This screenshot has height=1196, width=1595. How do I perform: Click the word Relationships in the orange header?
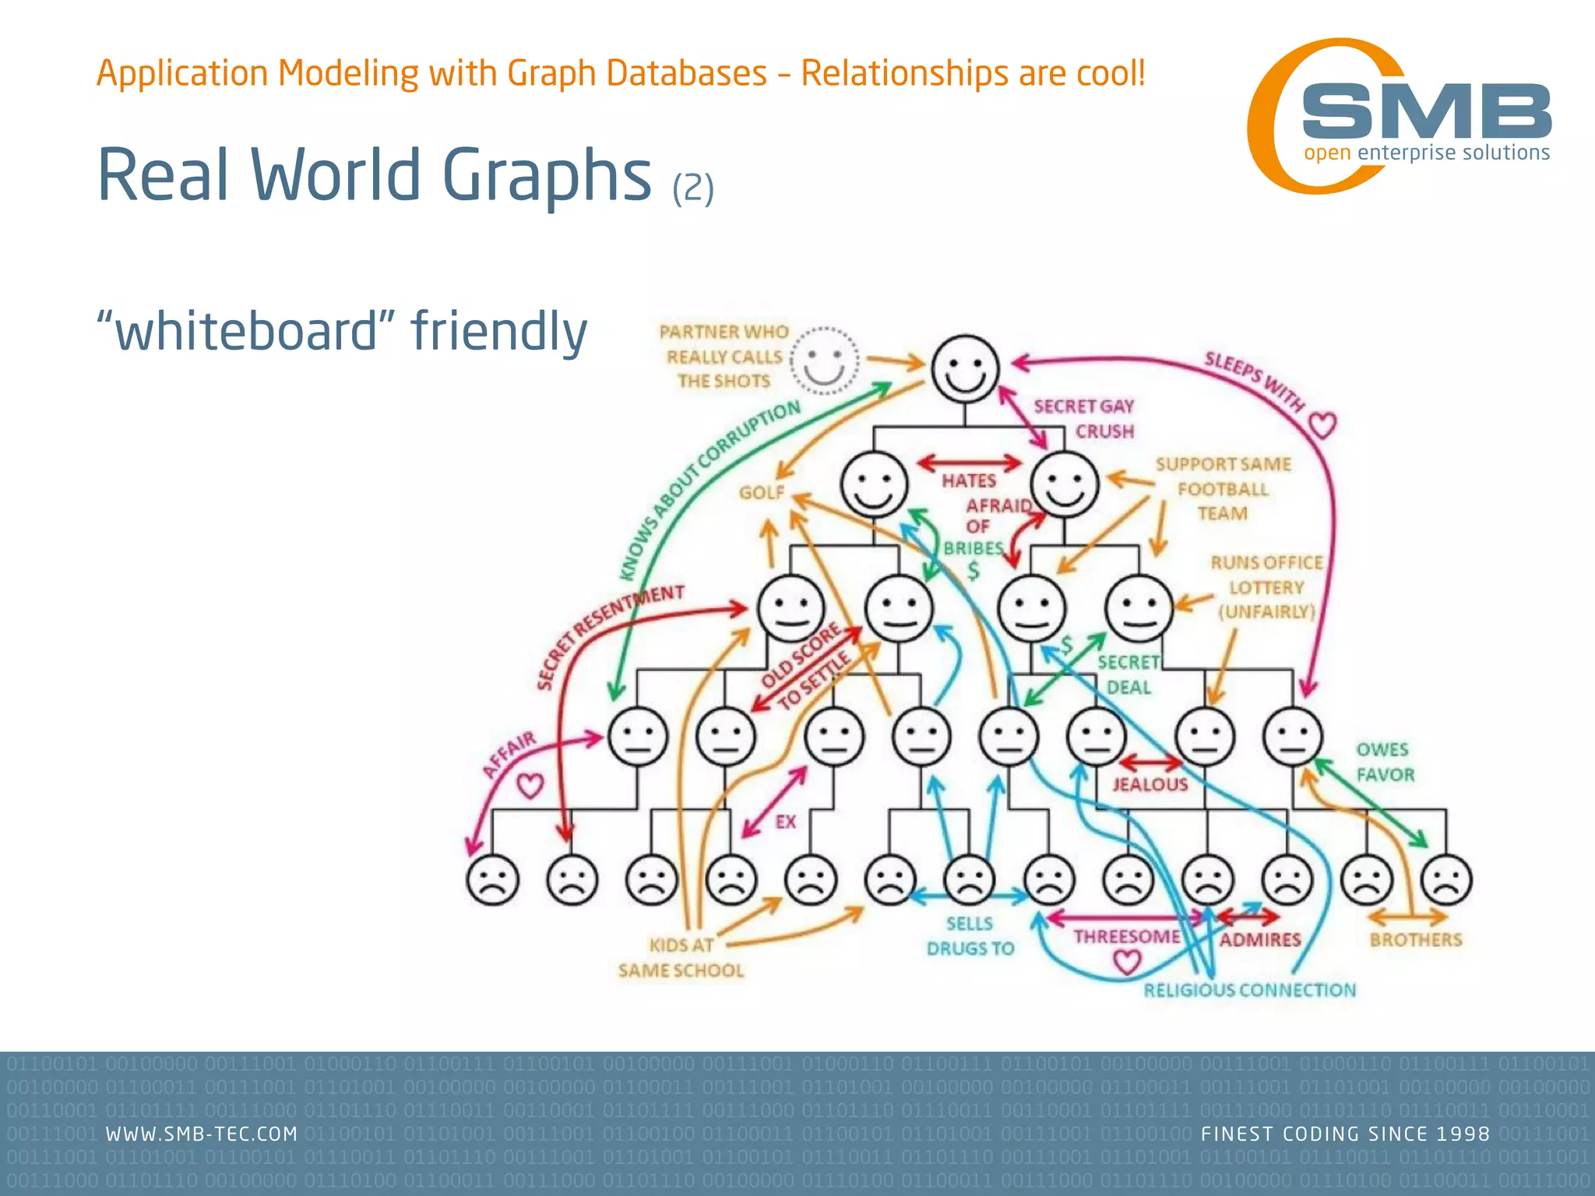point(904,74)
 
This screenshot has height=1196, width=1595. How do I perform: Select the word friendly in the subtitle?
point(499,332)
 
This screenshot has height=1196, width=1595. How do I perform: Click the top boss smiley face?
point(966,369)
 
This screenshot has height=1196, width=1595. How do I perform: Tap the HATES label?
point(969,481)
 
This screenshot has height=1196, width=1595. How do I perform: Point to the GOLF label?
point(761,493)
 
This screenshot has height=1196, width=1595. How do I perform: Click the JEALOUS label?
point(1150,784)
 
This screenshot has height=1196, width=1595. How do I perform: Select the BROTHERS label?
point(1415,940)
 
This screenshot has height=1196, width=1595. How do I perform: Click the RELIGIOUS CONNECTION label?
point(1249,990)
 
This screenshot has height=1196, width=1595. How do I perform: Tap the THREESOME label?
point(1126,937)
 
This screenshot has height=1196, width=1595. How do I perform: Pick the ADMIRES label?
point(1260,940)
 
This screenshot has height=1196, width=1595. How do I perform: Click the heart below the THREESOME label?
point(1126,963)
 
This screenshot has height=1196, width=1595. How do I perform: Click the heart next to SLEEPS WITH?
point(1322,425)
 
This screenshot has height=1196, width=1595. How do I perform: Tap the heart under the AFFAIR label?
point(530,786)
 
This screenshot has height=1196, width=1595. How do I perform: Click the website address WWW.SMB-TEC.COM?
point(202,1134)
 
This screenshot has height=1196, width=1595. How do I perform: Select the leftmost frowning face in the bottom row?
point(492,880)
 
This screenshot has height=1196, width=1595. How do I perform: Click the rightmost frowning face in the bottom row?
point(1446,880)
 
